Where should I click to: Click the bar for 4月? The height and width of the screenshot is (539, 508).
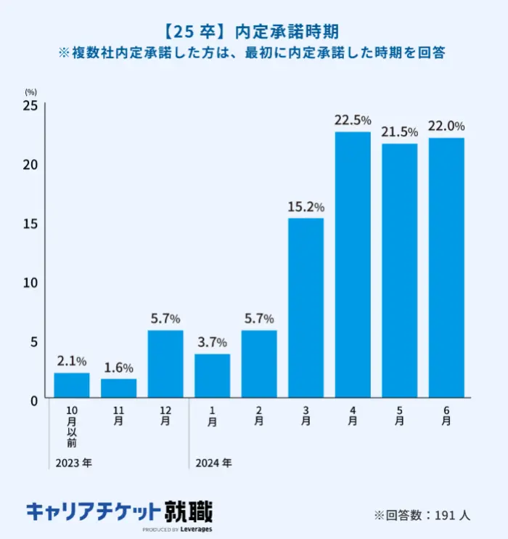tap(353, 264)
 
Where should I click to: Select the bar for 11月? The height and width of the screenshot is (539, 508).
tap(118, 388)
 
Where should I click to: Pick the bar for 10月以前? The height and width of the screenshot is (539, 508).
tap(72, 385)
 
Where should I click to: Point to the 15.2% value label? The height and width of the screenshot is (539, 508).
tap(306, 206)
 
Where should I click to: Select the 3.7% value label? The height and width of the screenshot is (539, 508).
tap(212, 342)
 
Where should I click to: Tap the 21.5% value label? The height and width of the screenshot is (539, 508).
tap(400, 131)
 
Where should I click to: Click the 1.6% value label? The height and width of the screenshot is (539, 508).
tap(118, 368)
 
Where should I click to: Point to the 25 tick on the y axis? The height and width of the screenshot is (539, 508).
tap(30, 106)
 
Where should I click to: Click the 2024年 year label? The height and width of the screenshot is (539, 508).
tap(213, 462)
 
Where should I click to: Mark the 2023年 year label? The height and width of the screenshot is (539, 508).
tap(73, 462)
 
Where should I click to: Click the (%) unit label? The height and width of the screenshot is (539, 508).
tap(30, 92)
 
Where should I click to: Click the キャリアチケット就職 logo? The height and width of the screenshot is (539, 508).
tap(120, 513)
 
